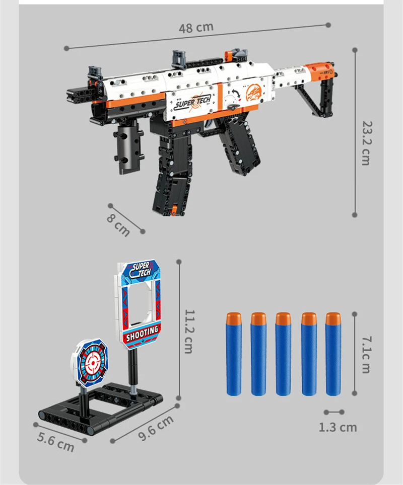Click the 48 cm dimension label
(x=196, y=28)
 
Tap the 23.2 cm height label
(x=366, y=143)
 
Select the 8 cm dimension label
(x=118, y=225)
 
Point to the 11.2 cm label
(x=189, y=331)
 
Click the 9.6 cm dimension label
(x=156, y=428)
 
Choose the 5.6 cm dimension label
(x=56, y=442)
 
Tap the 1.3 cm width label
(x=338, y=428)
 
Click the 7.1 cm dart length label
(x=366, y=355)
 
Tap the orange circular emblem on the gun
(x=254, y=93)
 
